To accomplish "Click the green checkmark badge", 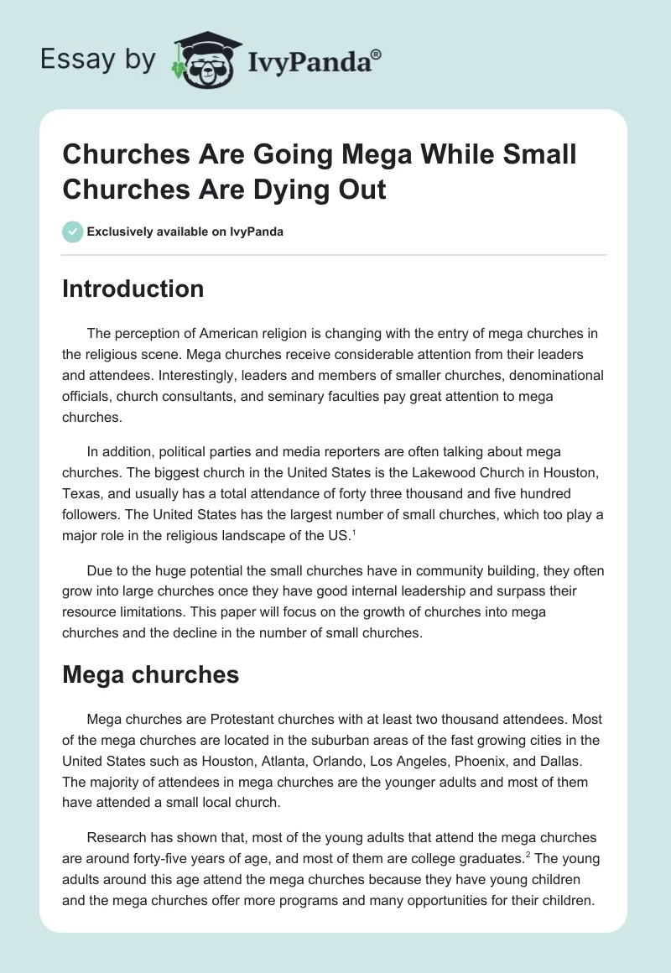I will pos(72,232).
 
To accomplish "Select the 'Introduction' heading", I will pos(133,289).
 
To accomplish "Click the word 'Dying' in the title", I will pos(280,189).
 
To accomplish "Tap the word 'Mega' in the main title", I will pos(377,155).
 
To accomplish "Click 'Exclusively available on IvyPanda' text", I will pos(185,232).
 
